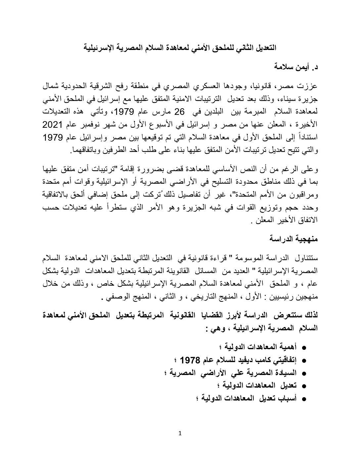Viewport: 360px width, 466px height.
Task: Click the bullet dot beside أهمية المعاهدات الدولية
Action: (304, 348)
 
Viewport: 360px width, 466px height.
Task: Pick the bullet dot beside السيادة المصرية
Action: (304, 373)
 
